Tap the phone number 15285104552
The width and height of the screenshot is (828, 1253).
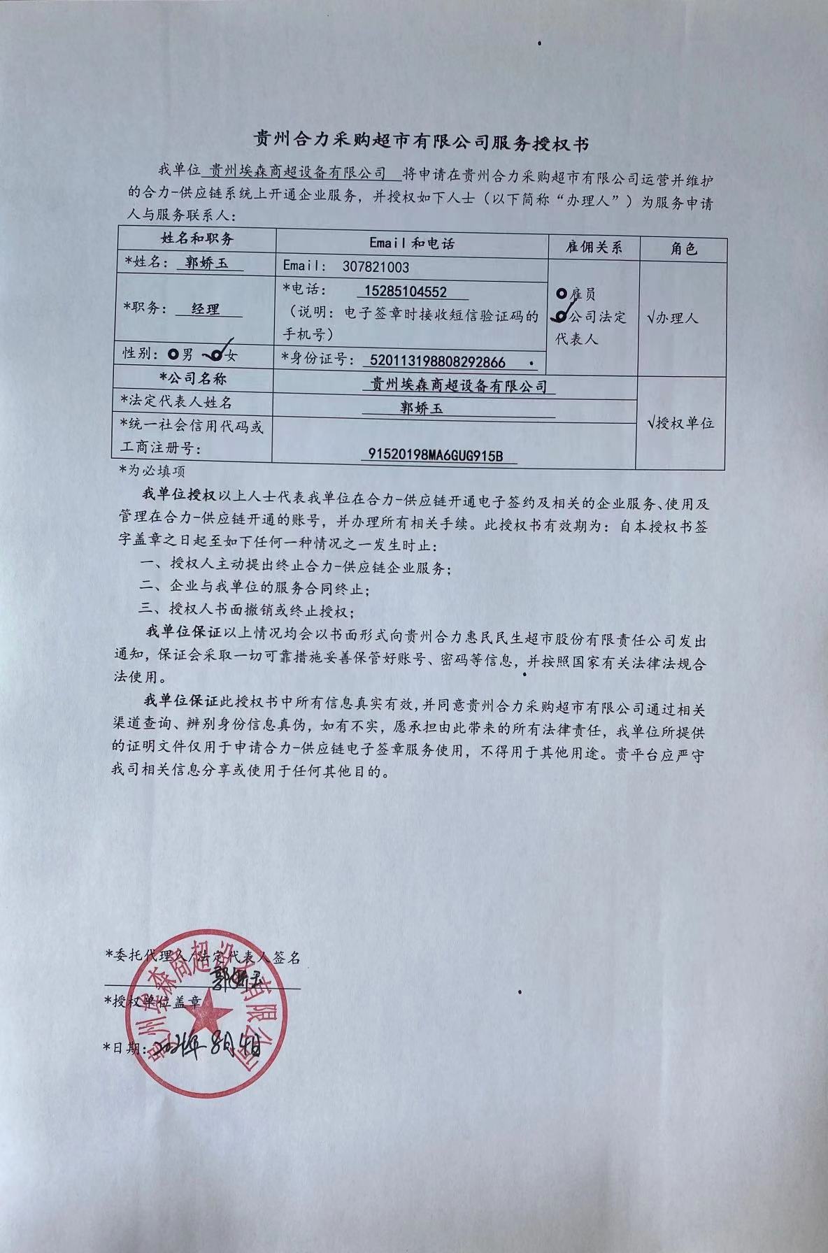(x=406, y=291)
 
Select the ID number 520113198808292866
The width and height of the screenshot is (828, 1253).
(x=436, y=361)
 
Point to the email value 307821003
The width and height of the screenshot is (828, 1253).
(x=376, y=266)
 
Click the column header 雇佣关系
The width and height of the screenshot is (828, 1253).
(x=593, y=247)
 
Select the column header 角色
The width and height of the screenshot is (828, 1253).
(x=683, y=248)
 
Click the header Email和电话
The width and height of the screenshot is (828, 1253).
(x=411, y=243)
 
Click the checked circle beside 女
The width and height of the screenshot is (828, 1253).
(x=217, y=355)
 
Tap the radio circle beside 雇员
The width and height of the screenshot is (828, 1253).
(x=562, y=294)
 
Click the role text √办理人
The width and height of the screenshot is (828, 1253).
(x=673, y=317)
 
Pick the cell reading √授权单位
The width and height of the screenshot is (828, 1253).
(x=680, y=423)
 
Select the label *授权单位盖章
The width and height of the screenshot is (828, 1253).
(x=152, y=1001)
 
